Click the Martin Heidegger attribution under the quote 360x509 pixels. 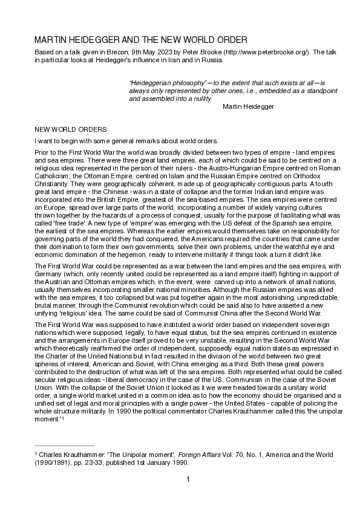(248, 106)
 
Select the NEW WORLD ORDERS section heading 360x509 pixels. (71, 129)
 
